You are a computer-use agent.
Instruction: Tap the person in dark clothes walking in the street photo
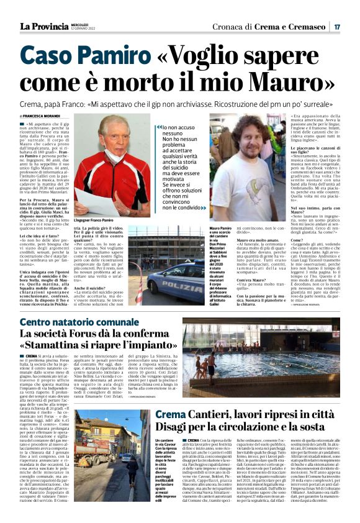[133, 467]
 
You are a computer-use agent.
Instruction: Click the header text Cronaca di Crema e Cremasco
[271, 26]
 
